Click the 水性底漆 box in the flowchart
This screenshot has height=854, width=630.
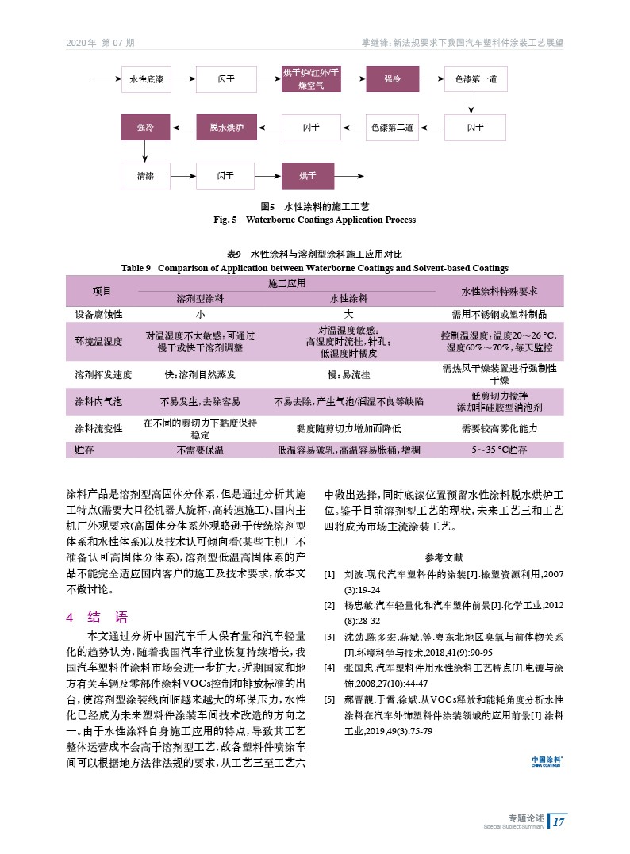(x=146, y=79)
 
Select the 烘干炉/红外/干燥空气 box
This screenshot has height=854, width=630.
(x=311, y=79)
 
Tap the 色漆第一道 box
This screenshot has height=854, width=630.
(x=476, y=79)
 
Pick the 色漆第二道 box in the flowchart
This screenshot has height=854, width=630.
(x=394, y=127)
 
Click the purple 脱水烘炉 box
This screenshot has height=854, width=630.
(x=228, y=127)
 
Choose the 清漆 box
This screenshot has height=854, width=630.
(x=146, y=174)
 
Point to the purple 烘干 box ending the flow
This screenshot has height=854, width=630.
(x=311, y=174)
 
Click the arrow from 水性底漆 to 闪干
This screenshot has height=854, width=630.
(x=183, y=79)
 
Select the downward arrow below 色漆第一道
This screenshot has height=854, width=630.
(x=476, y=103)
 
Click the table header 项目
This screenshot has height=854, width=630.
(x=102, y=291)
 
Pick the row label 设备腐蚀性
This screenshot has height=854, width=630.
(x=99, y=314)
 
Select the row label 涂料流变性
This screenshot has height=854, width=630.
(x=99, y=428)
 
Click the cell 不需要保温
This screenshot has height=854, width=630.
(x=200, y=450)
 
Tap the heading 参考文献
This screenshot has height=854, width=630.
(x=444, y=557)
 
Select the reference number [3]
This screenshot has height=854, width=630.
(x=328, y=637)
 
